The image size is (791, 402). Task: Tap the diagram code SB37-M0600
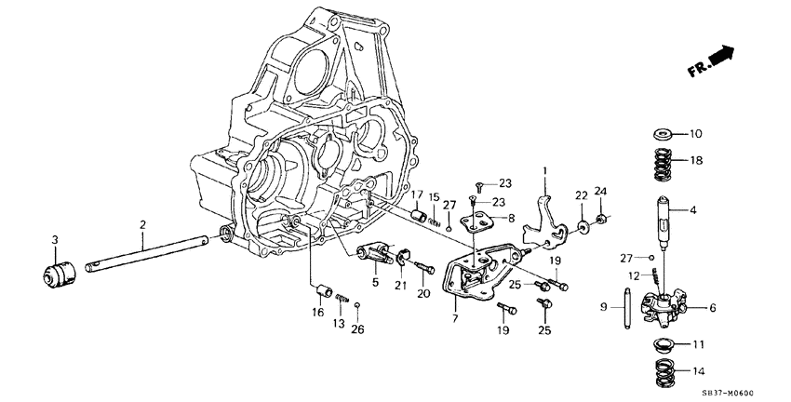point(741,393)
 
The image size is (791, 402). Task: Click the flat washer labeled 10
point(664,133)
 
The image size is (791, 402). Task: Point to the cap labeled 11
point(663,345)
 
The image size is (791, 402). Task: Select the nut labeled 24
point(601,220)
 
